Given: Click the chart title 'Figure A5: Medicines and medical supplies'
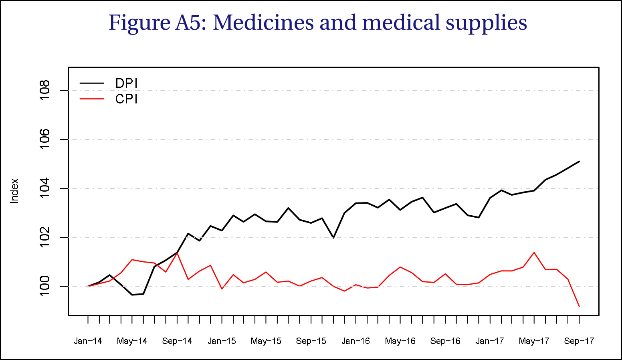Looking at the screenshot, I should coord(318,23).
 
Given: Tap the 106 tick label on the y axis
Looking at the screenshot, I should coord(44,140).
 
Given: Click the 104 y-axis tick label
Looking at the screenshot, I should coord(44,188).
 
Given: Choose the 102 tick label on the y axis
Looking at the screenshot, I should coord(44,237).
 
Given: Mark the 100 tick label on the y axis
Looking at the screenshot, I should coord(44,286).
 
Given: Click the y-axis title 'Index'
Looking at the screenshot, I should coord(15,191).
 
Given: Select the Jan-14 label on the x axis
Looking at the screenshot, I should coord(88,341).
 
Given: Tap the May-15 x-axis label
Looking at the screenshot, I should coord(266,341).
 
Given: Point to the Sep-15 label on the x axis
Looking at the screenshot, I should coord(311,341).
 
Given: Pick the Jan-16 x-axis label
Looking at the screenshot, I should coord(356,341).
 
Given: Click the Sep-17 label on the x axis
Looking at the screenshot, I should coord(579,341).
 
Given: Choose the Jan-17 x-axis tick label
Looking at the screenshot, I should coord(490,341).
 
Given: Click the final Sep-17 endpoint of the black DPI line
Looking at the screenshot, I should coord(579,161).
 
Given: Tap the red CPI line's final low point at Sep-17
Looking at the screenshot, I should coord(579,306).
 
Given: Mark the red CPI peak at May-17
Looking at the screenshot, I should coord(534,253).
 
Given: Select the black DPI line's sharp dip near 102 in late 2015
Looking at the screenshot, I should coord(333,238).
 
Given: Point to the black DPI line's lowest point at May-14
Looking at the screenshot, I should coord(132,295).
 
